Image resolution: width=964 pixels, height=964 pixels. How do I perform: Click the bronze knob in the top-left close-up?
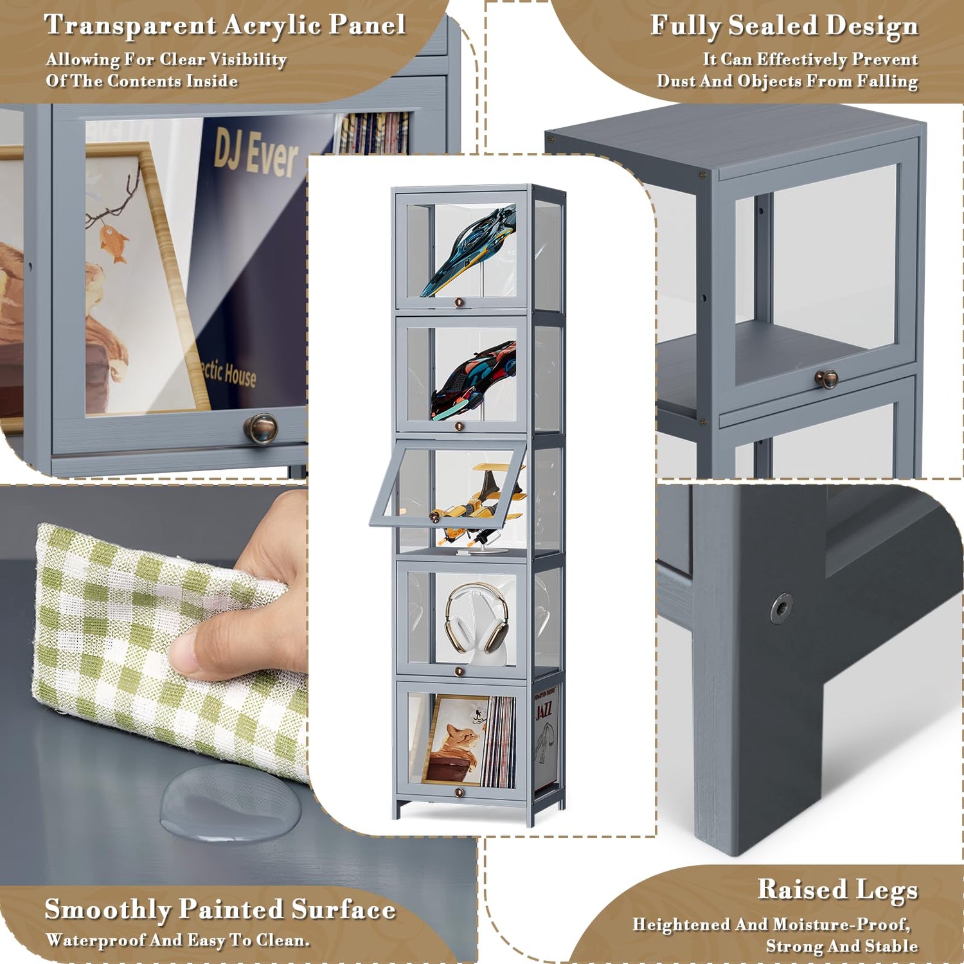click(x=261, y=429)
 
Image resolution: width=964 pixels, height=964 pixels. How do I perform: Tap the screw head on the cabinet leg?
click(x=781, y=607)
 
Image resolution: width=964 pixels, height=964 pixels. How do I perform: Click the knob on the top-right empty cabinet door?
click(x=826, y=379)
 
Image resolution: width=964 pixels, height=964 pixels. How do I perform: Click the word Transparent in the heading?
click(x=130, y=25)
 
